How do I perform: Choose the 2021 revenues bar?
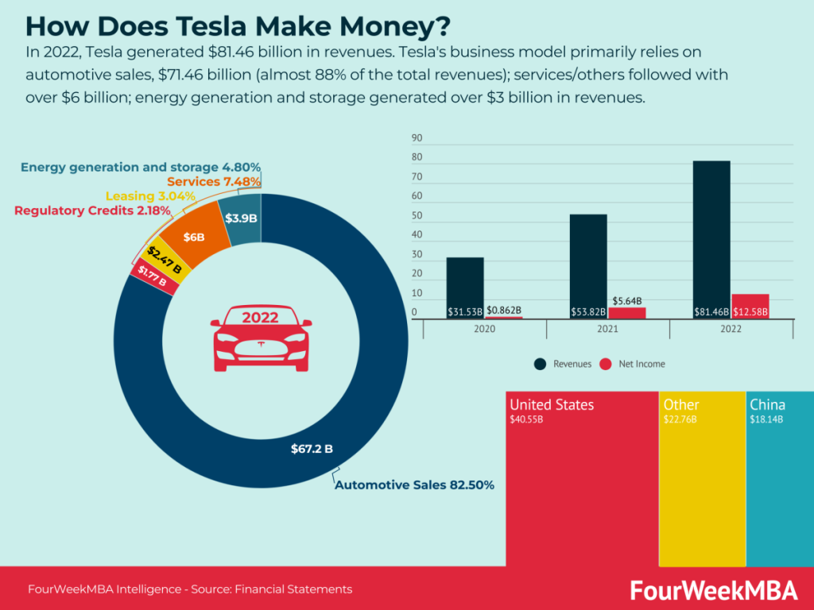click(x=588, y=266)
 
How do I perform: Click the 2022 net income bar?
click(x=750, y=307)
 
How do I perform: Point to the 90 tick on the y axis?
click(x=417, y=138)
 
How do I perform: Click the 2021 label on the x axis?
click(x=609, y=328)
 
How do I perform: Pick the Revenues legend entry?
click(x=564, y=364)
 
